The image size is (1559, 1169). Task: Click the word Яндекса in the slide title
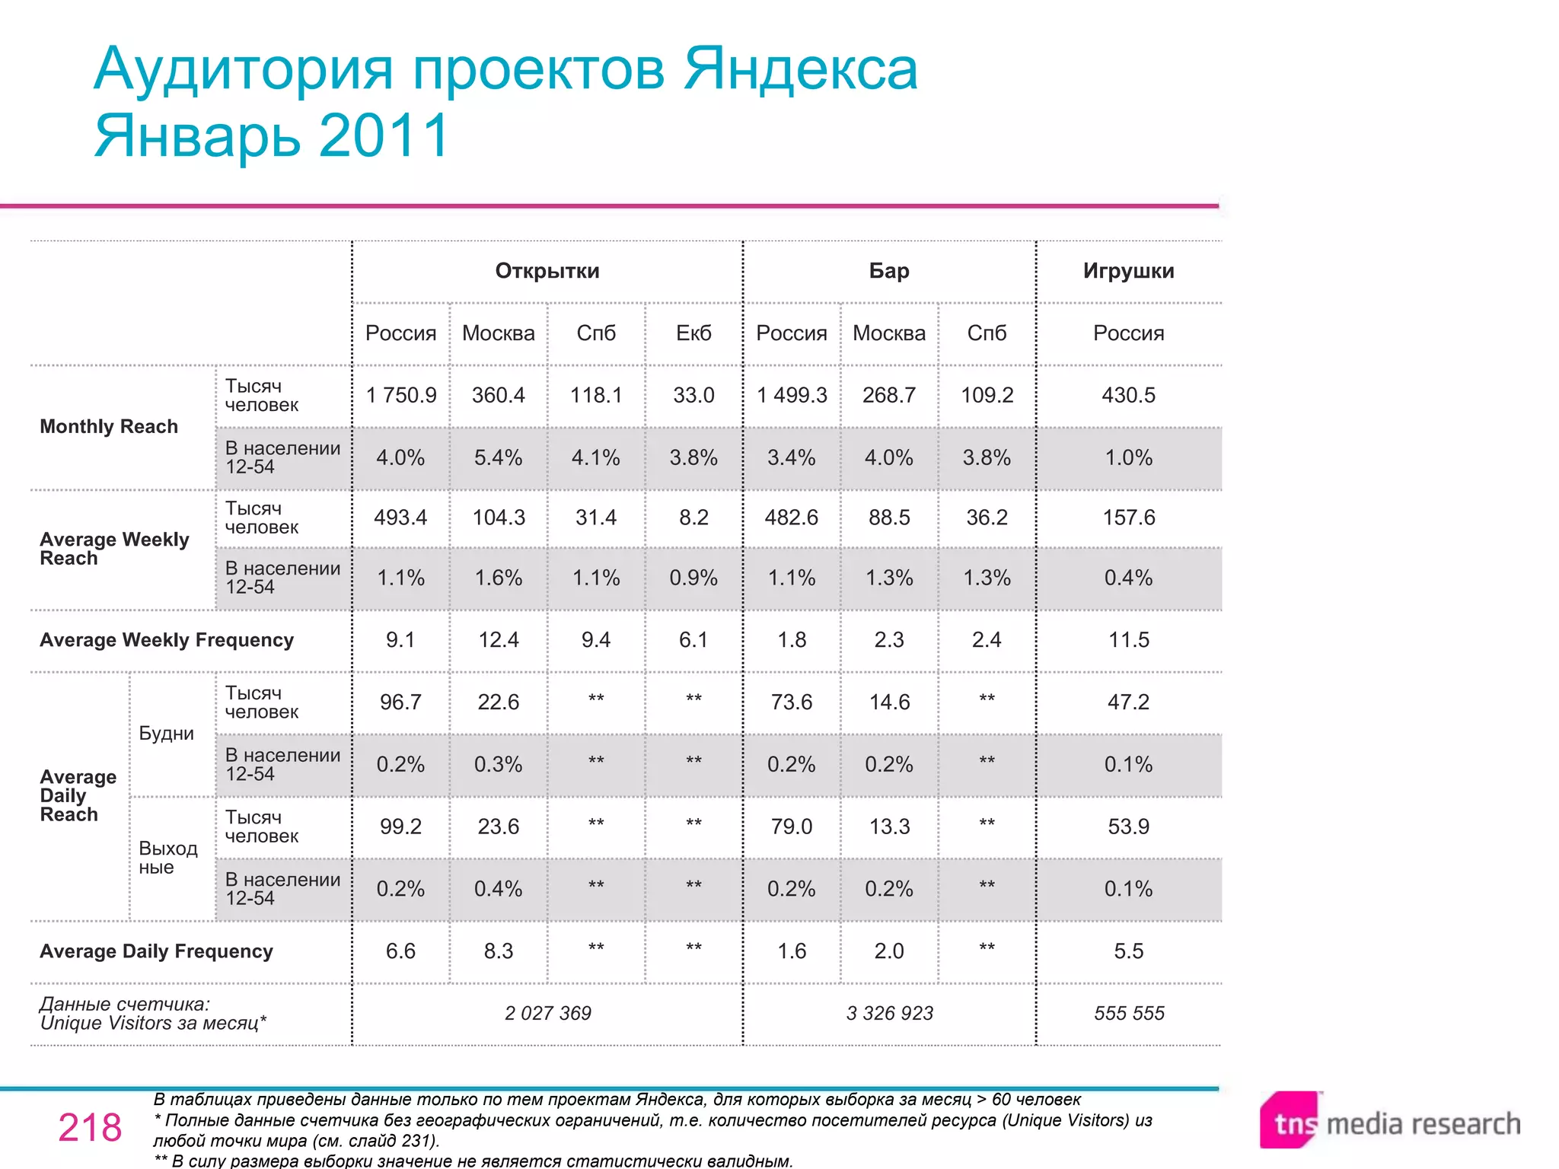point(800,70)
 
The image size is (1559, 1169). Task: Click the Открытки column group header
point(547,271)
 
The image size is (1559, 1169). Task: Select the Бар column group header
point(888,271)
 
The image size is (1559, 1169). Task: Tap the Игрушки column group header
point(1128,271)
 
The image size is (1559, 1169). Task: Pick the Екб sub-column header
point(693,333)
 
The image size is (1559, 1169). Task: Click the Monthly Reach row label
point(109,426)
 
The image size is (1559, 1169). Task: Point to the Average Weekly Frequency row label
point(167,640)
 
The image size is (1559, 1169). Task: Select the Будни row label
point(166,734)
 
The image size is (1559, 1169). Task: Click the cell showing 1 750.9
point(401,395)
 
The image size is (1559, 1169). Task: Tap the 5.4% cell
point(498,457)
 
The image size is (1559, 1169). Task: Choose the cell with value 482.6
point(791,518)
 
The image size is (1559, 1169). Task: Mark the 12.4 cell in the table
point(498,640)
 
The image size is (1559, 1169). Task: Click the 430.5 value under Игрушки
point(1128,395)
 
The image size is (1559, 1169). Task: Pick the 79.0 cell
point(791,827)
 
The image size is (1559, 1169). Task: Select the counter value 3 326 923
point(889,1013)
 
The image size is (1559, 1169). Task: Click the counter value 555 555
point(1129,1013)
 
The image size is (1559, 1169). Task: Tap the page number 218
point(90,1127)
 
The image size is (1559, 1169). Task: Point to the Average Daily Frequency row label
point(156,951)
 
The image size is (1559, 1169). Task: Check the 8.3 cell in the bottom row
point(498,951)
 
